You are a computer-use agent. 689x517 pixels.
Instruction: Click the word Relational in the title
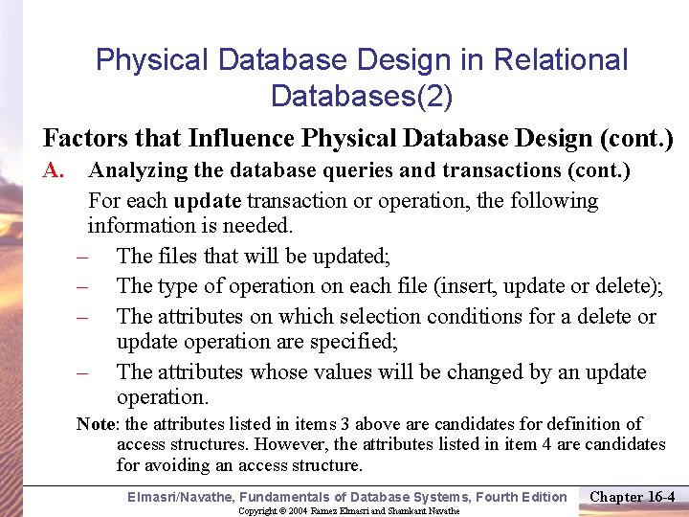click(561, 60)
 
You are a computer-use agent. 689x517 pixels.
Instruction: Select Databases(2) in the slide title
click(362, 96)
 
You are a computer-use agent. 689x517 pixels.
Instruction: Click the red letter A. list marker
click(53, 171)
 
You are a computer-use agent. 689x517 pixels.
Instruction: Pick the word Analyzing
click(137, 171)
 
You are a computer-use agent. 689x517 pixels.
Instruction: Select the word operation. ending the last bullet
click(162, 396)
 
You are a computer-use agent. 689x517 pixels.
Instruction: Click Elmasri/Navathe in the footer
click(180, 496)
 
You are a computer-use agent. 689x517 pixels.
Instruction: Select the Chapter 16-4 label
click(633, 496)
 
